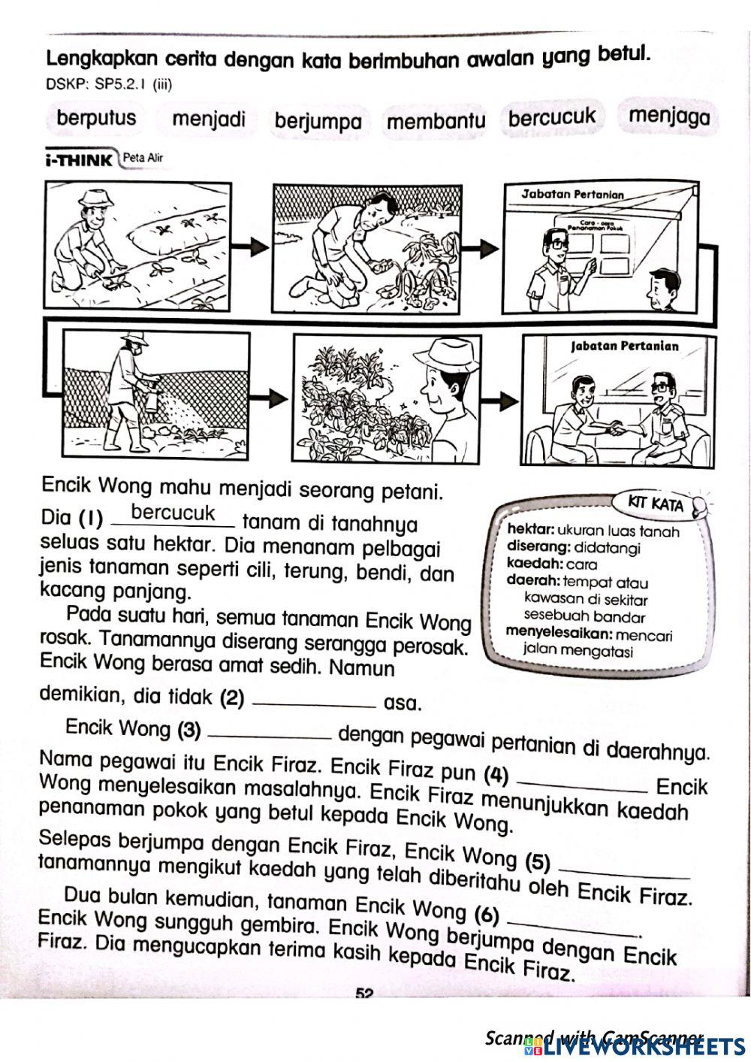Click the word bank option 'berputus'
click(x=96, y=118)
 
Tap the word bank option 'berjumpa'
click(x=318, y=122)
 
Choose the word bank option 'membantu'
click(x=436, y=121)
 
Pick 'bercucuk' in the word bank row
click(x=552, y=117)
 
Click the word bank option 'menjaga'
click(x=668, y=116)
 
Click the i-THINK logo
click(x=78, y=159)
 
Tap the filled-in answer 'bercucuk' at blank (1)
click(x=173, y=513)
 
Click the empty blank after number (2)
click(x=315, y=703)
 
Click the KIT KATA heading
click(x=658, y=504)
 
